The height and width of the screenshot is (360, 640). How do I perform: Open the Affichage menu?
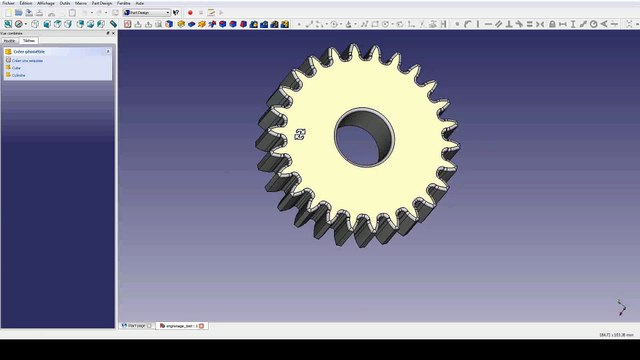tap(46, 3)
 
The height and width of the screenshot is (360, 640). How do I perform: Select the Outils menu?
tap(65, 3)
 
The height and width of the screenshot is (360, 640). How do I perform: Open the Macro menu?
tap(81, 3)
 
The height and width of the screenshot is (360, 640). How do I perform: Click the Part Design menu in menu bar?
tap(102, 3)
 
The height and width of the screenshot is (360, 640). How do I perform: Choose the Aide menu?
tap(140, 3)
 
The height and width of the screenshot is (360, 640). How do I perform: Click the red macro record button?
tap(190, 13)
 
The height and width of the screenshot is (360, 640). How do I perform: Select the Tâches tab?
tap(29, 41)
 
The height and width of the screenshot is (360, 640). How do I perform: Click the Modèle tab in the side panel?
tap(10, 41)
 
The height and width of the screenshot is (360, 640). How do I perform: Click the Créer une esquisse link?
tap(27, 61)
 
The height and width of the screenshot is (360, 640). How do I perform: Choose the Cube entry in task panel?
tap(17, 68)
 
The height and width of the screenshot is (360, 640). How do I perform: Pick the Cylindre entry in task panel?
tap(19, 75)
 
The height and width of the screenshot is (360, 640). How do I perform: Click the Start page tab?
tap(136, 325)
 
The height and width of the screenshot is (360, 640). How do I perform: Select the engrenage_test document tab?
tap(181, 325)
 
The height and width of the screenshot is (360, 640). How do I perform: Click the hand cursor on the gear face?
tap(300, 134)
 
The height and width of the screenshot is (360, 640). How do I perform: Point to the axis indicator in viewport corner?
tap(620, 308)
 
